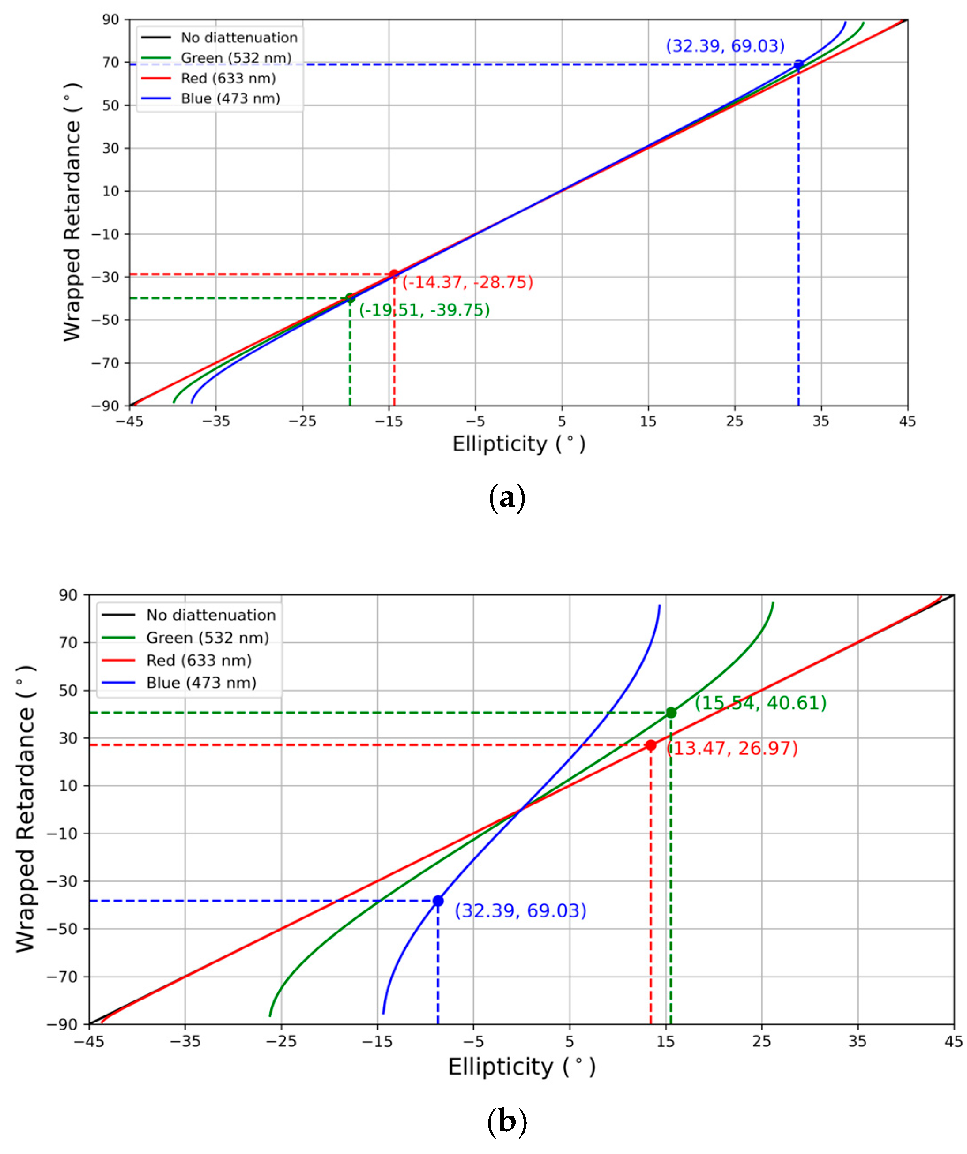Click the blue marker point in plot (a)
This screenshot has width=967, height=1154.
798,64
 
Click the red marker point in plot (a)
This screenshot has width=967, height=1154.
393,274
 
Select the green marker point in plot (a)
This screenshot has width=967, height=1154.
350,298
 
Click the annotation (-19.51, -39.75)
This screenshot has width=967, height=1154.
424,310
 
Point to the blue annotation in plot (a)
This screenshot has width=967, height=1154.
725,45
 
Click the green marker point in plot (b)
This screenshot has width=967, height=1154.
671,713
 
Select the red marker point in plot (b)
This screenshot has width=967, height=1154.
651,746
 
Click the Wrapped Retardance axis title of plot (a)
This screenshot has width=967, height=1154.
72,212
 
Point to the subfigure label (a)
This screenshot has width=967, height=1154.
506,497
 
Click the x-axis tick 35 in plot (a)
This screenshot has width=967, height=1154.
821,421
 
